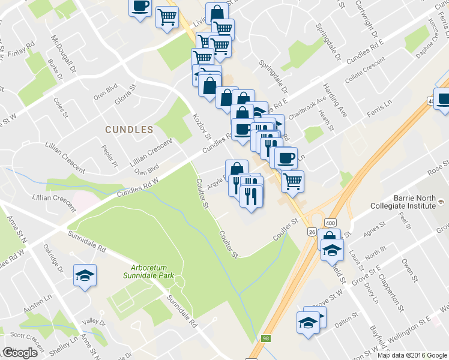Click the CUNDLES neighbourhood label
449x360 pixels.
click(129, 129)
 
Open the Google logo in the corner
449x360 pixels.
click(20, 353)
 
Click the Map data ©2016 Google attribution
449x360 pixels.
click(412, 355)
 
